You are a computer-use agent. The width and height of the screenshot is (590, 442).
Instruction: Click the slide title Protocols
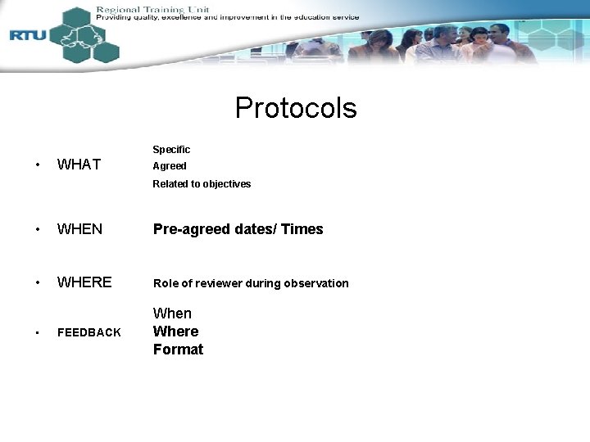pos(296,108)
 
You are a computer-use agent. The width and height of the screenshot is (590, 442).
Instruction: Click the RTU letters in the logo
pos(27,35)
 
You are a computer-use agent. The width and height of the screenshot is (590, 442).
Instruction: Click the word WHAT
pos(79,165)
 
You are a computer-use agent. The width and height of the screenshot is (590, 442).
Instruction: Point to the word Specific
pos(171,150)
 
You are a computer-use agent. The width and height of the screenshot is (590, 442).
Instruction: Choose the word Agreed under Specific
pos(170,166)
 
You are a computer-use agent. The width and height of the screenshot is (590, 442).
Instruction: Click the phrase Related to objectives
pos(202,184)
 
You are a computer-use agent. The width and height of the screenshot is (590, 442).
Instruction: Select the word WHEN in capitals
pos(79,229)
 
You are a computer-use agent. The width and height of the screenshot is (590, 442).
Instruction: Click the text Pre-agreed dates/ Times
pos(238,229)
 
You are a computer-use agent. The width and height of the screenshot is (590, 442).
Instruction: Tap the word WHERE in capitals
pos(84,282)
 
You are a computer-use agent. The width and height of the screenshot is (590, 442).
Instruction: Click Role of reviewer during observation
pos(251,283)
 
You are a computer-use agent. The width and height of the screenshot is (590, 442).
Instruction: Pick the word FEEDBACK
pos(88,332)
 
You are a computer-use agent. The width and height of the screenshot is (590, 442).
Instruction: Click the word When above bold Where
pos(172,313)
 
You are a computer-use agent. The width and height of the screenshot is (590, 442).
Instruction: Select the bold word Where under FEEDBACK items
pos(175,331)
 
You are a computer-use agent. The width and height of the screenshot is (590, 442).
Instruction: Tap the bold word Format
pos(178,350)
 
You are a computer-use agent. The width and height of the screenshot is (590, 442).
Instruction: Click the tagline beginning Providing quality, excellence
pos(226,17)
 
